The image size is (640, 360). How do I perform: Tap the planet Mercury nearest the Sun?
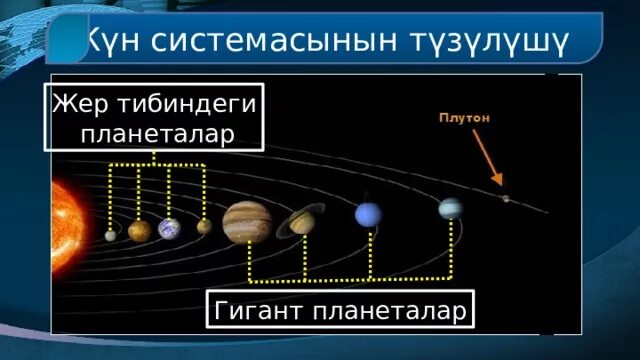111,235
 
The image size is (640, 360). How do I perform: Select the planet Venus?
139,231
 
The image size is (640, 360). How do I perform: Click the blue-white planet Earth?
169,229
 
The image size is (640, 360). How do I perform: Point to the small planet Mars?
204,226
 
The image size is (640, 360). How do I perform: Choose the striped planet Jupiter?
245,222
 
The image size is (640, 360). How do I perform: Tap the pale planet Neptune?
451,208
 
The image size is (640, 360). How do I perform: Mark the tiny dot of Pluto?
506,198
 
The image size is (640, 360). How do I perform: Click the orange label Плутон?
465,118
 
